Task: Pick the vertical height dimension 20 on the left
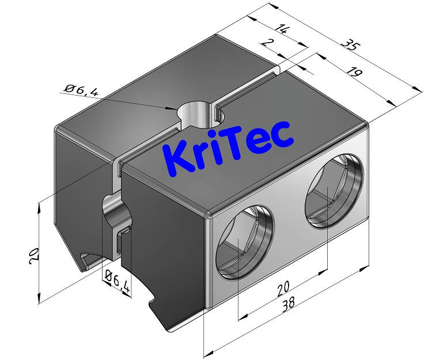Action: pos(33,255)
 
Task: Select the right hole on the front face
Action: pos(334,190)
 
